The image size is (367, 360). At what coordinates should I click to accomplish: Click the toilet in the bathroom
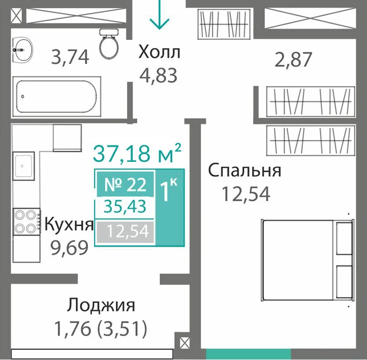click(x=109, y=44)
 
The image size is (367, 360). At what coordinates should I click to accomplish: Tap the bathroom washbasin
click(x=22, y=49)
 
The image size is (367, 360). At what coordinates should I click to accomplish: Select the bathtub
click(x=56, y=96)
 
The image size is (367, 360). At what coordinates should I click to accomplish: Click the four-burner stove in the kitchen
click(x=26, y=221)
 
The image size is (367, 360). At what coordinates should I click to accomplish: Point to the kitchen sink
click(x=23, y=166)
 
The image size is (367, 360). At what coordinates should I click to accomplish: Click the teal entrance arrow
click(x=159, y=14)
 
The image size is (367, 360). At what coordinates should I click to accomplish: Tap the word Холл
click(x=159, y=52)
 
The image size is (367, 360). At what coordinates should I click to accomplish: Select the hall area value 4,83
click(x=158, y=75)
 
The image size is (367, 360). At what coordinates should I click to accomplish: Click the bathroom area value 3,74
click(x=70, y=57)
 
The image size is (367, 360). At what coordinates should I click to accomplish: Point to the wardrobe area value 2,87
click(x=293, y=60)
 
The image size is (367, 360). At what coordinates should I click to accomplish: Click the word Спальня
click(x=245, y=170)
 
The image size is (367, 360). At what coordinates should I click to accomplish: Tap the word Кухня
click(x=69, y=225)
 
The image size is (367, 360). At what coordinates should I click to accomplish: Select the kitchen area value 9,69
click(x=69, y=248)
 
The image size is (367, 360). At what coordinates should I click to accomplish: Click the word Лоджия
click(x=101, y=306)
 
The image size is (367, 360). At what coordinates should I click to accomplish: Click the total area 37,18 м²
click(x=137, y=153)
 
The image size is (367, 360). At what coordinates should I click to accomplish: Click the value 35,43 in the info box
click(x=125, y=207)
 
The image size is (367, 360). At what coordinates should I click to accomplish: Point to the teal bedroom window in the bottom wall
click(x=248, y=354)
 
